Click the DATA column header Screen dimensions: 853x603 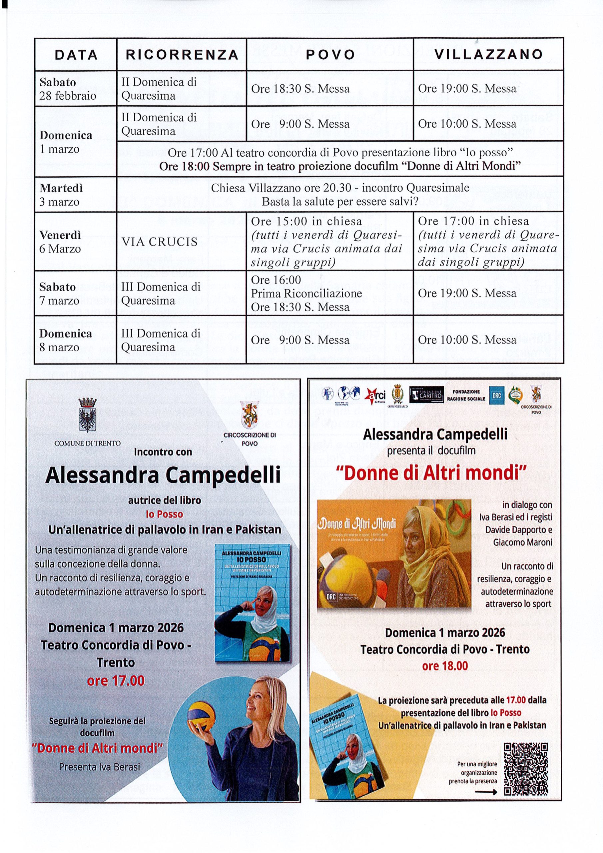[76, 55]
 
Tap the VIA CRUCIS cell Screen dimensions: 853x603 [159, 242]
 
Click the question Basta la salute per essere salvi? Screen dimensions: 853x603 [340, 202]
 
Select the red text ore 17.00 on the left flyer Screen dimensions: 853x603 [116, 681]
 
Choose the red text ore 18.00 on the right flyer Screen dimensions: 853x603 [445, 666]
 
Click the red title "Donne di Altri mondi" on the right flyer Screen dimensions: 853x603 [431, 473]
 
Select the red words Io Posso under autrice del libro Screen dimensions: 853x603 [164, 514]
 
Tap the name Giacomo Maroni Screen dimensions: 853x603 [522, 542]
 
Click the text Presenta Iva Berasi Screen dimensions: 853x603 [100, 767]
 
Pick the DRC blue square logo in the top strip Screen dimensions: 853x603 [497, 395]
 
